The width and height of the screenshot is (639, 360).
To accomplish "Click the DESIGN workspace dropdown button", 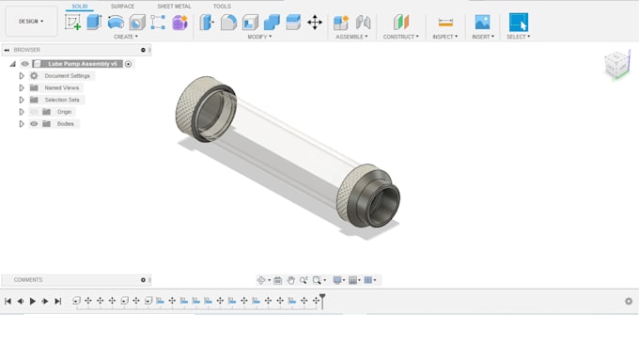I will click(31, 21).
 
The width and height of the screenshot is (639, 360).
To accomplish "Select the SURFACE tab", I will click(122, 7).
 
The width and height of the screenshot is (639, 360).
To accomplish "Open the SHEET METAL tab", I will click(174, 7).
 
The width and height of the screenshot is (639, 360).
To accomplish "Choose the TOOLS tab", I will click(222, 7).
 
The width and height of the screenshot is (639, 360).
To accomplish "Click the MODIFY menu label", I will click(259, 37).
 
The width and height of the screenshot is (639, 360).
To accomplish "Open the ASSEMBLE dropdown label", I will click(351, 37).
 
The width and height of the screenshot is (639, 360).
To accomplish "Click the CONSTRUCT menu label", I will click(400, 37).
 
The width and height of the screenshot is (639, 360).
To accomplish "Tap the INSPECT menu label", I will click(444, 37).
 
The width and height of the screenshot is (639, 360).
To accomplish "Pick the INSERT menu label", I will click(482, 37).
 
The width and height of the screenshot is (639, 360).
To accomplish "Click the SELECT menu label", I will click(518, 37).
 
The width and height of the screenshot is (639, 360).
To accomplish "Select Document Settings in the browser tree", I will click(68, 75).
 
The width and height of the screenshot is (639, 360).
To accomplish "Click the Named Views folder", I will click(62, 87).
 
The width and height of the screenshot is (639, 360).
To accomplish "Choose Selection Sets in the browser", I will click(62, 100).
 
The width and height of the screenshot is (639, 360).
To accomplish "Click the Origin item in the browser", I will click(64, 112).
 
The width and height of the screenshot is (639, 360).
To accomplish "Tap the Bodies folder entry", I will click(65, 124).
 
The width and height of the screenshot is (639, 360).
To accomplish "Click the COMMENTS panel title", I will click(28, 280).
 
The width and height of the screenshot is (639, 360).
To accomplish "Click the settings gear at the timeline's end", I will click(629, 301).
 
